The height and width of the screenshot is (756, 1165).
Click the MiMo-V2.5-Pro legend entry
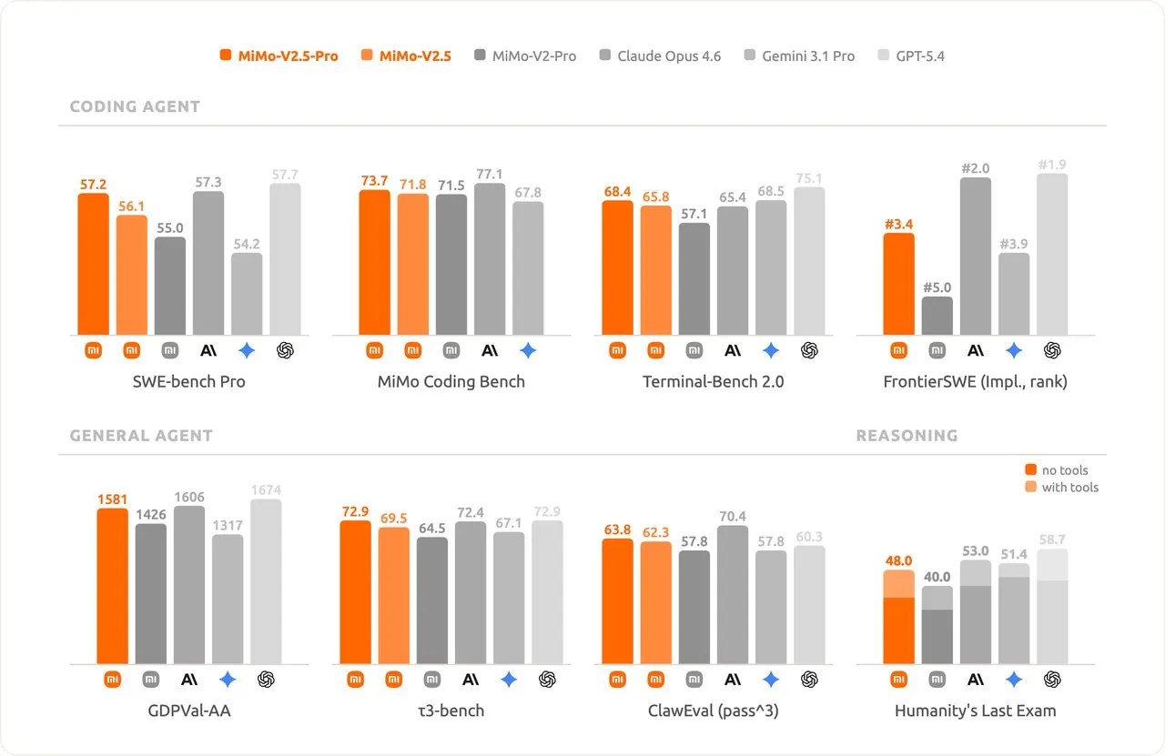point(279,56)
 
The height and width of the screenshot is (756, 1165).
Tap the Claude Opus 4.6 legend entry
point(659,56)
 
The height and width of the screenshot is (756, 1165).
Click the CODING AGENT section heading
point(135,106)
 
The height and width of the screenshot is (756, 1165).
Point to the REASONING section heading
point(907,436)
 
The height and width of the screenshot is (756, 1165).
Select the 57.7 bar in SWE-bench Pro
point(285,258)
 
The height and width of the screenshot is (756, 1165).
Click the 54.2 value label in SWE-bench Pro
point(247,244)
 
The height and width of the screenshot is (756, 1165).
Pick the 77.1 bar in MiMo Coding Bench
point(490,258)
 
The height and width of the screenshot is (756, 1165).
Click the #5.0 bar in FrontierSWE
point(937,315)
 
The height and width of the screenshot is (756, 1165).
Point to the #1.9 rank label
point(1052,165)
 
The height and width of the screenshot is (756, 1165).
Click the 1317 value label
point(228,525)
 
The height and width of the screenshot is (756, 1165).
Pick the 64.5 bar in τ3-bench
point(432,600)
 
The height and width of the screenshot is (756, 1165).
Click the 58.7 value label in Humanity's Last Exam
point(1052,539)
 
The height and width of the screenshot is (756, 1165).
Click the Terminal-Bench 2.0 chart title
point(714,382)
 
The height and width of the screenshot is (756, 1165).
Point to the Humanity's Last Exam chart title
point(976,711)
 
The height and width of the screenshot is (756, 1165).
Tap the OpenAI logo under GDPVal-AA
point(267,679)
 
